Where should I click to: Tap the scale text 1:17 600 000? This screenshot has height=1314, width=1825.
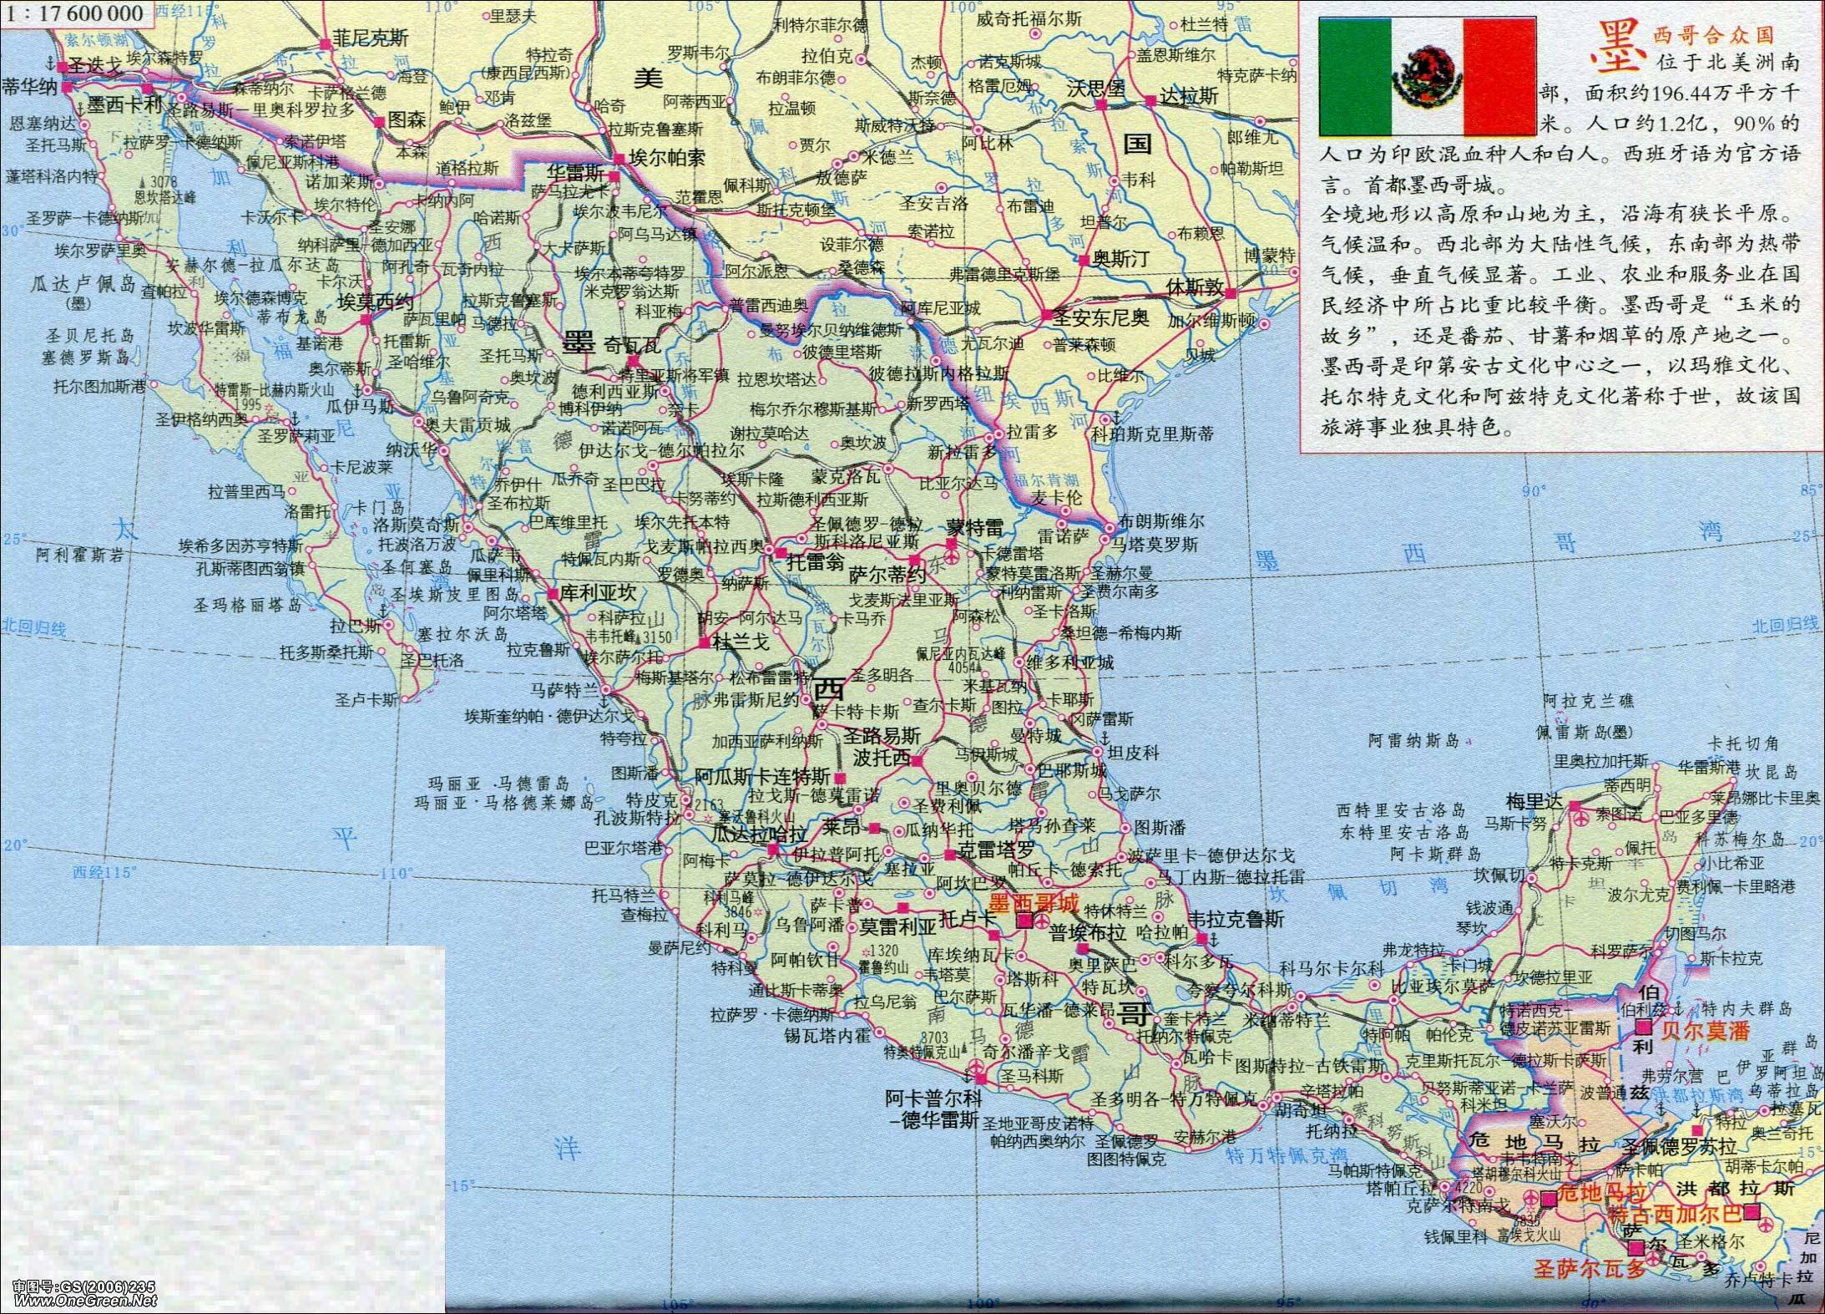[77, 13]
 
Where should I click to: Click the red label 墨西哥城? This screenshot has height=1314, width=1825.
[1033, 902]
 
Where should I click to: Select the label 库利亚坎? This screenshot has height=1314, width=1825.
[596, 592]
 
